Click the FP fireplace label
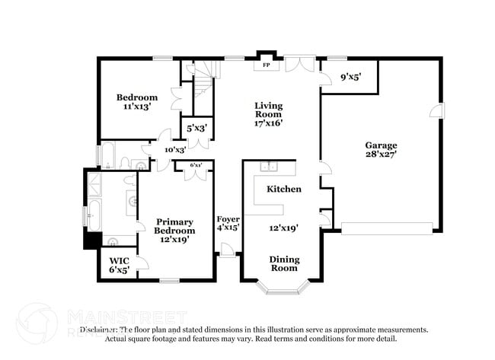tap(266, 65)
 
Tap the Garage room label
tap(381, 145)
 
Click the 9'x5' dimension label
tap(350, 77)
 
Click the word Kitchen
tap(283, 189)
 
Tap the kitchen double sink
tap(268, 167)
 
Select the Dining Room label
tap(284, 264)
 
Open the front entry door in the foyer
tap(226, 249)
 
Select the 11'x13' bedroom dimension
tap(137, 107)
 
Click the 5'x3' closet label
tap(193, 127)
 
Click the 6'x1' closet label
tap(196, 164)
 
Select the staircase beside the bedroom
tap(200, 79)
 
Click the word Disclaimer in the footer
tap(99, 330)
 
